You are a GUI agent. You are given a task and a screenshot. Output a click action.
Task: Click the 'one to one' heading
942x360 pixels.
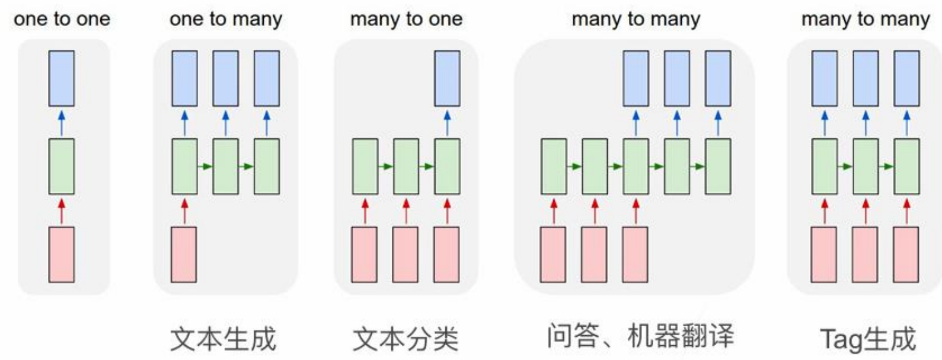tap(62, 19)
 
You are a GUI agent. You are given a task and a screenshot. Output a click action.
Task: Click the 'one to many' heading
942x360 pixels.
tap(225, 19)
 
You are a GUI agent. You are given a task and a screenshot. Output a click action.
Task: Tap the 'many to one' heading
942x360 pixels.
tap(406, 19)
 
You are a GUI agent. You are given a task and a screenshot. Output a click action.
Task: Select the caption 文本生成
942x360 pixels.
tap(223, 339)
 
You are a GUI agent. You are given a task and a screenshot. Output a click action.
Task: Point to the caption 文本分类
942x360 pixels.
tap(405, 339)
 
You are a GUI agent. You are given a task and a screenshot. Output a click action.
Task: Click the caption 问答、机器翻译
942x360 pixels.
tap(640, 336)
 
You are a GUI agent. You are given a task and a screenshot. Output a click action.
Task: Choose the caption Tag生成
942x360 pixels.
tap(868, 339)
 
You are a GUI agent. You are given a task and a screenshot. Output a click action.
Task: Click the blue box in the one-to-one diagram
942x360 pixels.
tap(62, 78)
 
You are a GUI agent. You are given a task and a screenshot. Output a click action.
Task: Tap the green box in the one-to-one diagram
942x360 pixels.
tap(62, 166)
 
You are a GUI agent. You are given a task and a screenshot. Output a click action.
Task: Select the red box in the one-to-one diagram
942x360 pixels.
tap(62, 254)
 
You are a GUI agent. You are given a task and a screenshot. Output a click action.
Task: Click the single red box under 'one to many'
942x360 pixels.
tap(184, 254)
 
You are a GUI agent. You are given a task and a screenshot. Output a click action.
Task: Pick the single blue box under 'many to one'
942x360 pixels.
tap(447, 78)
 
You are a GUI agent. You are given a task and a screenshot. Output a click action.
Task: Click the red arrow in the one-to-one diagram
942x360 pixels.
tap(62, 211)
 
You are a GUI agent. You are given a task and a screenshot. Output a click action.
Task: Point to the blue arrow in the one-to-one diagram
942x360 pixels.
tap(62, 122)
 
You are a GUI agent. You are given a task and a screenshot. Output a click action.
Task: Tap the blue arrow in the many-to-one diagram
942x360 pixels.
tap(447, 122)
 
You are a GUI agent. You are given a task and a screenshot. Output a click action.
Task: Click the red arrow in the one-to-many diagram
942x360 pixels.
tap(184, 211)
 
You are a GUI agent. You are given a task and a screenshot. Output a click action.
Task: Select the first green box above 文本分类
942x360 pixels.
tap(365, 166)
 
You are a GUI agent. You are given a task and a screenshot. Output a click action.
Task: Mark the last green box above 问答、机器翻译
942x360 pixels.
tap(718, 166)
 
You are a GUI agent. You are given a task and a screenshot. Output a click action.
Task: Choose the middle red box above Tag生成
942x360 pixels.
tap(865, 254)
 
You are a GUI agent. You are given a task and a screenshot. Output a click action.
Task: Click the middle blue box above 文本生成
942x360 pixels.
tap(225, 78)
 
